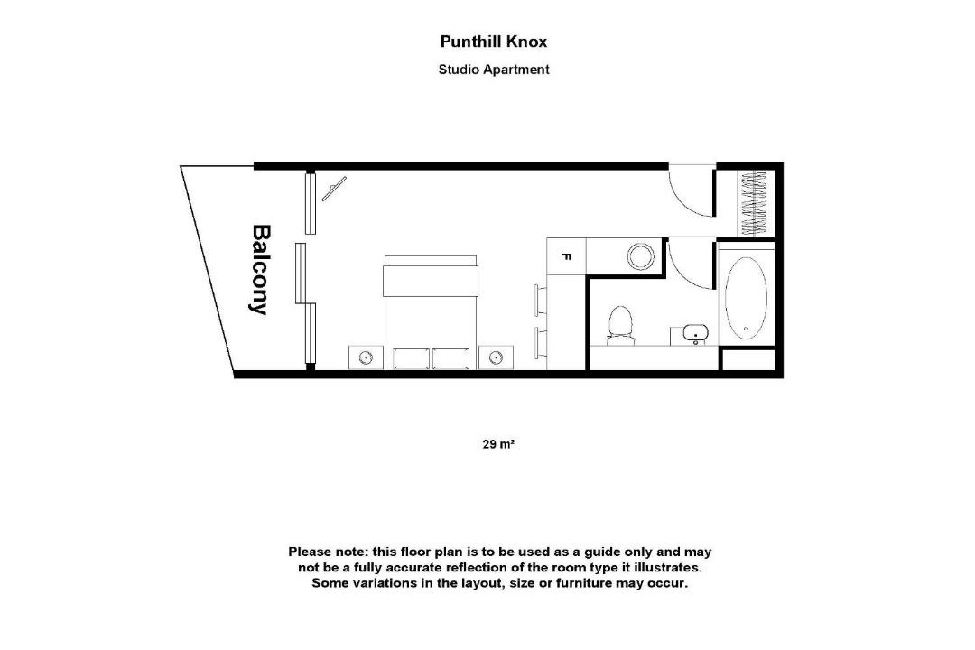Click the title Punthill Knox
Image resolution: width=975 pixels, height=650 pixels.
[494, 42]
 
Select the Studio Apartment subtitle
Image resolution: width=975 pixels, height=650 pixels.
[494, 70]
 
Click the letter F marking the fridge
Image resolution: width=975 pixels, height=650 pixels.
[566, 256]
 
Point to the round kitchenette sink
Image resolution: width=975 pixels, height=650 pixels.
[640, 256]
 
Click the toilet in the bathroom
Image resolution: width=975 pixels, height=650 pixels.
[620, 325]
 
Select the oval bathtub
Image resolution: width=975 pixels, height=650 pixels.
[747, 298]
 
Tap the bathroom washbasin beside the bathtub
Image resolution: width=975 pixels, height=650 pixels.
[694, 333]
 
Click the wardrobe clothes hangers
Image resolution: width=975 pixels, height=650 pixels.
[756, 202]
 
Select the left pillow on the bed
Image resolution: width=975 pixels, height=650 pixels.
[411, 359]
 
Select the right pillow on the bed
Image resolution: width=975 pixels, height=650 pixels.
[450, 359]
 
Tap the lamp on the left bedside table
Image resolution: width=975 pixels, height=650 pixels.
[366, 357]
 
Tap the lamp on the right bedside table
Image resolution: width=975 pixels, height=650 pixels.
[496, 357]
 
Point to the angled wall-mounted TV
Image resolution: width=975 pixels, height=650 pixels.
[334, 189]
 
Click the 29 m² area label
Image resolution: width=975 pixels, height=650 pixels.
[498, 444]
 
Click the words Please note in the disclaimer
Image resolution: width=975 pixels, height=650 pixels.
[329, 552]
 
